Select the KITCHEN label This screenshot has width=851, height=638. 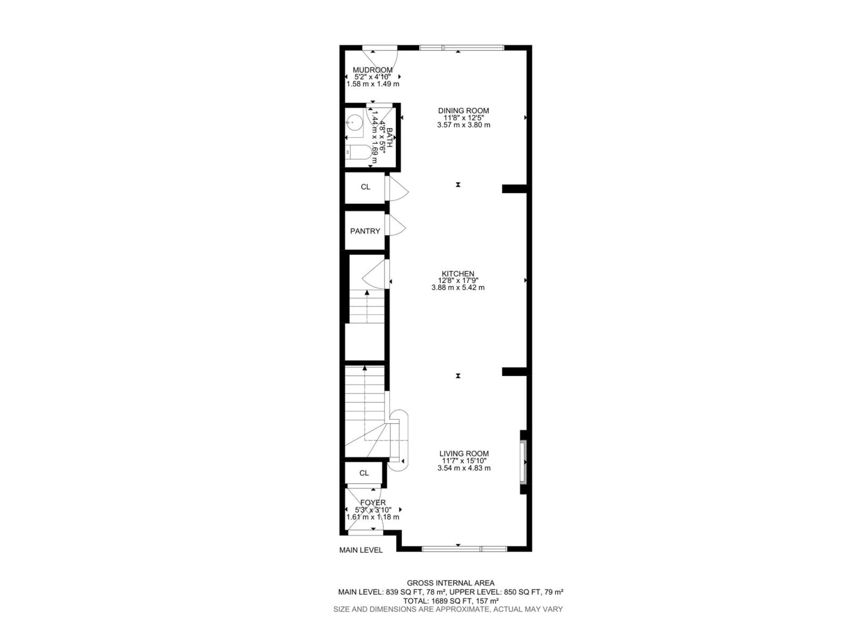[458, 274]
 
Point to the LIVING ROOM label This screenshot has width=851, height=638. [464, 454]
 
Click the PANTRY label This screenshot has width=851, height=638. [365, 231]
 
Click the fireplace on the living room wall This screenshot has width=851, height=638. [523, 461]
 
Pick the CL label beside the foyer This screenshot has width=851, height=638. [364, 473]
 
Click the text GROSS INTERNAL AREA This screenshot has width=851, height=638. [451, 583]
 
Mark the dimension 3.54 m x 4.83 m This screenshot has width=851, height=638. [464, 468]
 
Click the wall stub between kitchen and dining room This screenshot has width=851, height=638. [514, 189]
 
